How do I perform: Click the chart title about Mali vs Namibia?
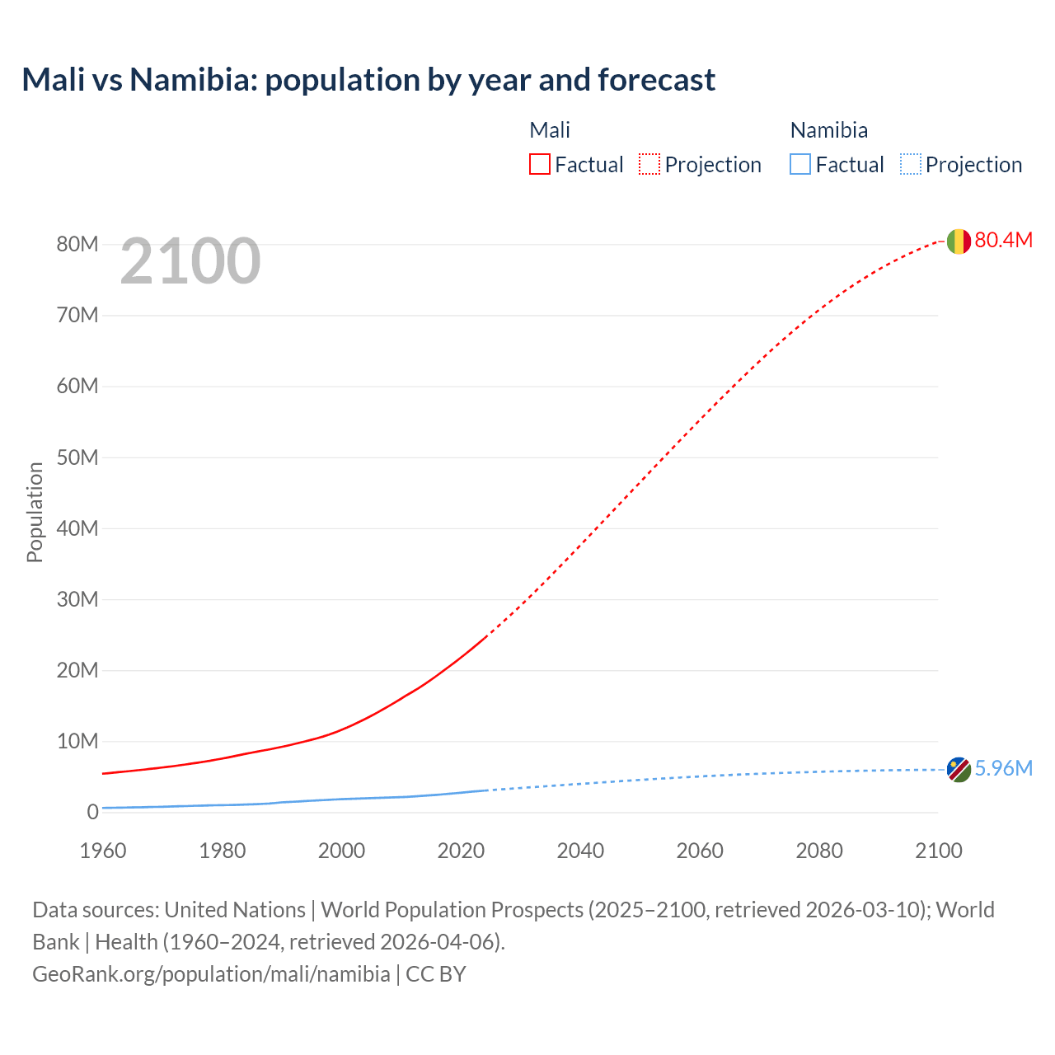368,80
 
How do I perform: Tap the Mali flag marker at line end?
959,241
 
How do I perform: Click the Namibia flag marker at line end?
959,770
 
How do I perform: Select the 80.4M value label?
1003,240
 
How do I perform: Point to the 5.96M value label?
1003,768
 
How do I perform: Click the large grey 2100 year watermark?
190,261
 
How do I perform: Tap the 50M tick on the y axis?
77,457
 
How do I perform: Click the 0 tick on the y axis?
92,812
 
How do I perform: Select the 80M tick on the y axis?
77,244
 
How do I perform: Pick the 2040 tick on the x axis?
580,851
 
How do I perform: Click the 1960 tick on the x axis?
103,851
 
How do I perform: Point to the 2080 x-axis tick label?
819,851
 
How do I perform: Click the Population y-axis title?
35,512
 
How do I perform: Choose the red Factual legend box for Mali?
540,164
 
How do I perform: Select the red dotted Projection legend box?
649,164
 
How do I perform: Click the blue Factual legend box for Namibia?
800,164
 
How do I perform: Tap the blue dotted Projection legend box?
910,164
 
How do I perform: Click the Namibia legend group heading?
828,130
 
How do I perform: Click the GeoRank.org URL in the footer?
211,974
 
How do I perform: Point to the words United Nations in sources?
235,910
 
